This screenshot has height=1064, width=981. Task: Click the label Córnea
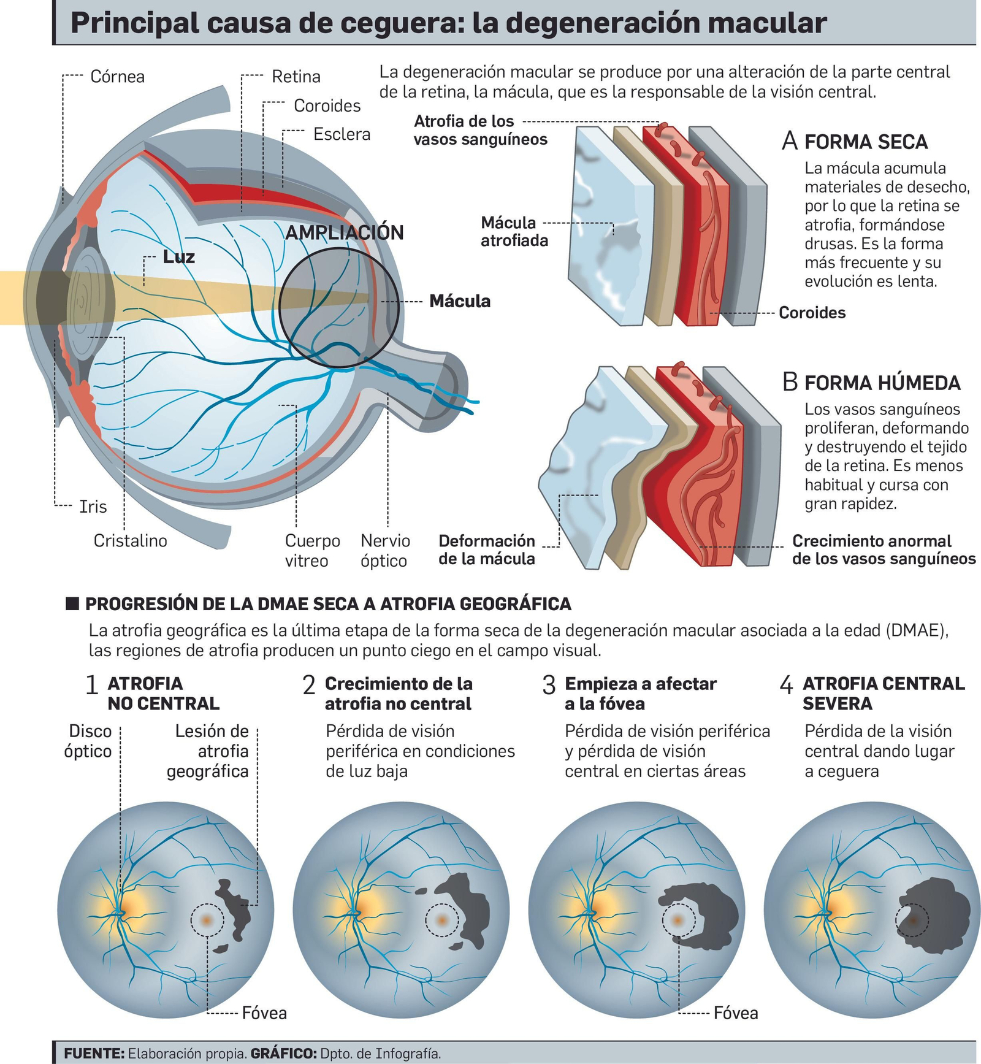click(x=117, y=77)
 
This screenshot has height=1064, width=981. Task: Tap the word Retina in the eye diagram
click(x=296, y=77)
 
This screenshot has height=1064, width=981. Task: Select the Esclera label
click(x=342, y=134)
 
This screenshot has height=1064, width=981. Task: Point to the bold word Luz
click(x=178, y=256)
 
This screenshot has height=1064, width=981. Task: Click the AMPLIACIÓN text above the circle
click(x=345, y=232)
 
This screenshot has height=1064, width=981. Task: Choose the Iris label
click(x=93, y=507)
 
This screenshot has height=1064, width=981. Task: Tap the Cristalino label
click(x=130, y=540)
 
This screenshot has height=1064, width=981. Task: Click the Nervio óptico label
click(x=384, y=550)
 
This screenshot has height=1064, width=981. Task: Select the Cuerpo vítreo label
click(x=312, y=550)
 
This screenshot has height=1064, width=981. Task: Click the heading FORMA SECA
click(x=866, y=142)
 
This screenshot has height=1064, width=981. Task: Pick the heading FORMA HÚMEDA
click(x=882, y=383)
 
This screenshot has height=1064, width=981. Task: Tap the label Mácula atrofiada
click(x=514, y=231)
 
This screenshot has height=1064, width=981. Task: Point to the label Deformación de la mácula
click(x=487, y=549)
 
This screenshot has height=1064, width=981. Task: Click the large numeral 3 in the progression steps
click(x=549, y=685)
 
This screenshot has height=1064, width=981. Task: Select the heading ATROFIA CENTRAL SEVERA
click(x=883, y=693)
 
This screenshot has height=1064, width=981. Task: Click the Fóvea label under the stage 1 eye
click(x=264, y=1012)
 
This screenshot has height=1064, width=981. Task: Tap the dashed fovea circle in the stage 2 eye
click(x=441, y=920)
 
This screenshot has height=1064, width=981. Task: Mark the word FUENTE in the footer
click(x=94, y=1054)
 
